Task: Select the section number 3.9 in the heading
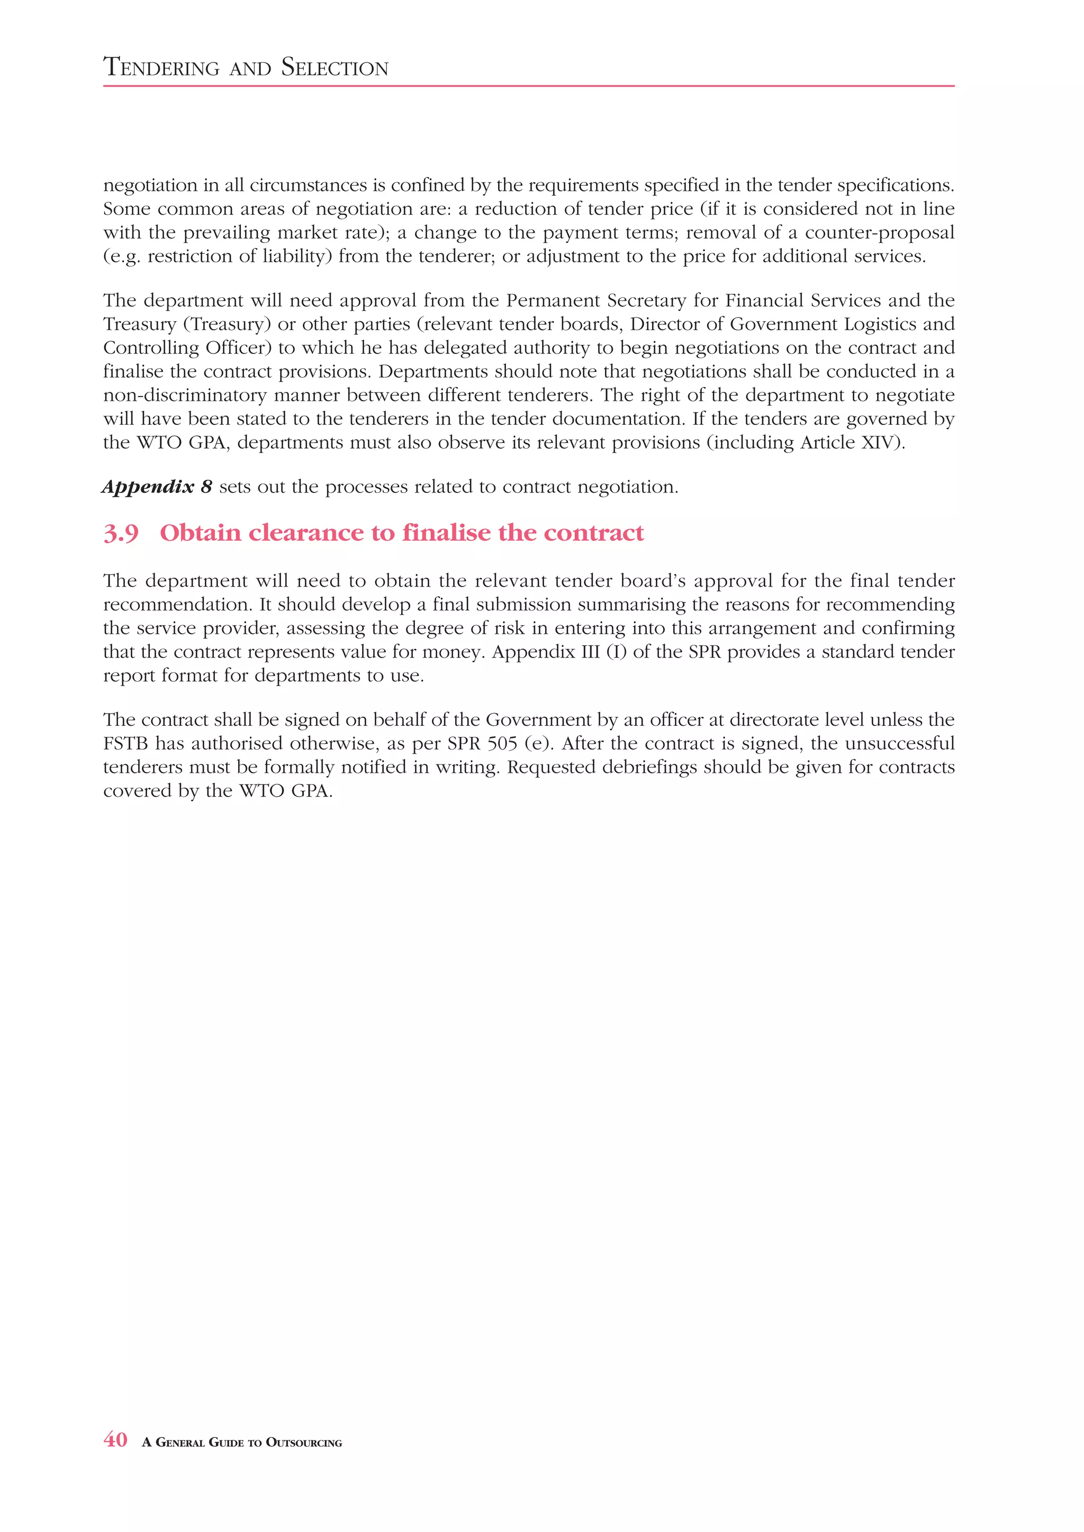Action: point(121,533)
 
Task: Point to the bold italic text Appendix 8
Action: point(157,487)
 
